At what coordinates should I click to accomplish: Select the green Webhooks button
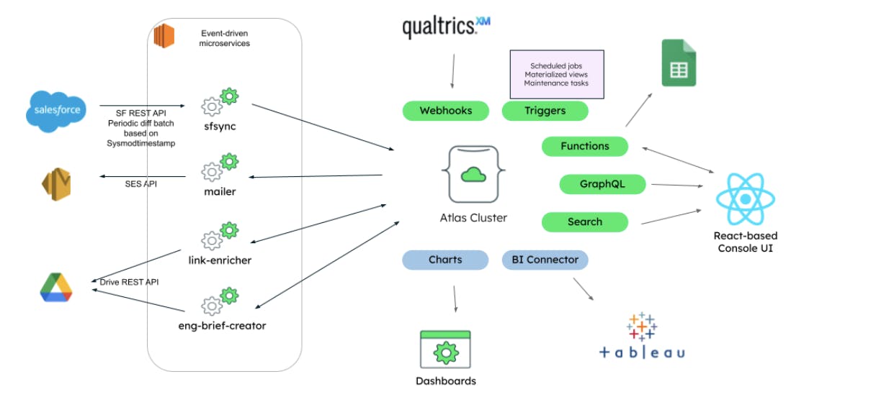click(445, 111)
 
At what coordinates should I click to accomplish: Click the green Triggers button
click(544, 111)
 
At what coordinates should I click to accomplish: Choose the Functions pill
click(584, 146)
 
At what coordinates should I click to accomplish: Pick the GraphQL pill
click(602, 184)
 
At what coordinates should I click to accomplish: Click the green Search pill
click(584, 222)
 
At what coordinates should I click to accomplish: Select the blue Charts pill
click(445, 260)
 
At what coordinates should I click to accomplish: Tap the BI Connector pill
click(545, 260)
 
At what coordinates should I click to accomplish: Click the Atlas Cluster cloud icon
click(473, 175)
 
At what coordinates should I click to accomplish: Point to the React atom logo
click(745, 199)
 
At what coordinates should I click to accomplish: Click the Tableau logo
click(642, 336)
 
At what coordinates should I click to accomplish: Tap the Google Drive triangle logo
click(56, 288)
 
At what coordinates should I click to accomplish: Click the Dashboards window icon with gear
click(445, 350)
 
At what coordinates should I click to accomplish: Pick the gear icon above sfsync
click(220, 101)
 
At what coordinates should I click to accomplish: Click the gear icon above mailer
click(220, 167)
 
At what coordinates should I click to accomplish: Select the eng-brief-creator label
click(222, 326)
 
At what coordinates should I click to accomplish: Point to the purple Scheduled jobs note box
click(556, 74)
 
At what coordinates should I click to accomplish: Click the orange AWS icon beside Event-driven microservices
click(164, 35)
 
